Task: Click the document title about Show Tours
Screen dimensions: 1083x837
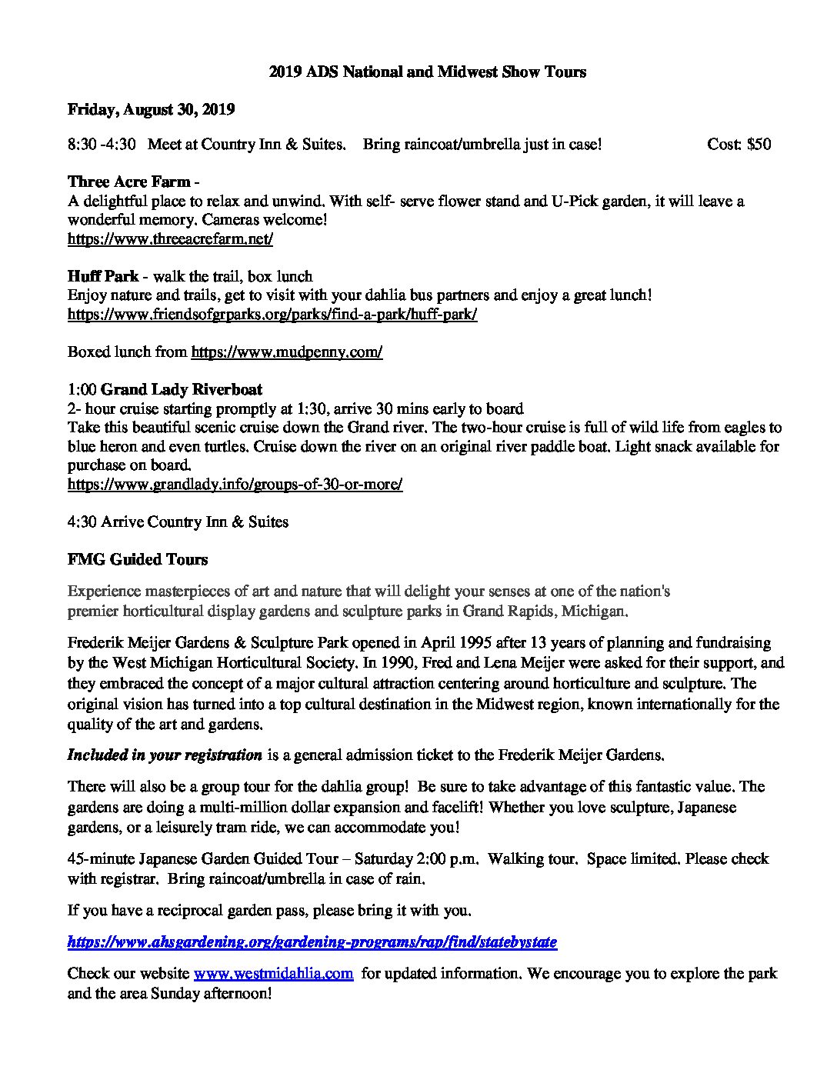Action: tap(427, 72)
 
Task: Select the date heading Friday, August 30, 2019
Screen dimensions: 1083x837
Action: tap(151, 109)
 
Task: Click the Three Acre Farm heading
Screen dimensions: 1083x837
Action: tap(129, 182)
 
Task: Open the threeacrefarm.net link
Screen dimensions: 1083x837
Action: tap(170, 238)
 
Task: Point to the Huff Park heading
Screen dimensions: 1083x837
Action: tap(103, 276)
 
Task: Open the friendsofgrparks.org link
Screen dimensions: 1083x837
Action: tap(272, 315)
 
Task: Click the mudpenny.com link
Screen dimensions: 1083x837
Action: tap(286, 352)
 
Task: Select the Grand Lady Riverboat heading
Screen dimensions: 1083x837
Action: tap(182, 389)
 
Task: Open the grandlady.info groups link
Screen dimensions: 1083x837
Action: tap(235, 484)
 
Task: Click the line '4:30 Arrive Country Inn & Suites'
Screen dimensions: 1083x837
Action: tap(178, 522)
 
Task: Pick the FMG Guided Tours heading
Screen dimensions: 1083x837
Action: tap(138, 559)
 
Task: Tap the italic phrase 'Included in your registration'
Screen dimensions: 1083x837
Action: tap(165, 755)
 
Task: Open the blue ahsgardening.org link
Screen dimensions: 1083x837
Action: tap(312, 941)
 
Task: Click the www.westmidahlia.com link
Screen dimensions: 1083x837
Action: tap(273, 973)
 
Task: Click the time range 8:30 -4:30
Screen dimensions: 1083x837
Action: tap(102, 144)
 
